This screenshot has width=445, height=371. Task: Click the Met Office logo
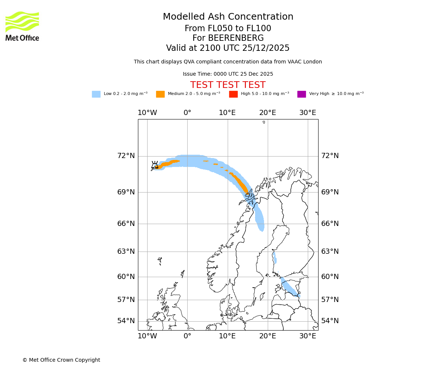22,26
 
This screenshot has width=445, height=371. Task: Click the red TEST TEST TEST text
228,85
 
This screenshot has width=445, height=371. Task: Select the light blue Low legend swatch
96,94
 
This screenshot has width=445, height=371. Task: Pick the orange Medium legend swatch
160,94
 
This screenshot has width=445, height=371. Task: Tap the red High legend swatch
233,94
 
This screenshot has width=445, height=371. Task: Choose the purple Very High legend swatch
301,94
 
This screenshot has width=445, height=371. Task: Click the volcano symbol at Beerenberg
155,165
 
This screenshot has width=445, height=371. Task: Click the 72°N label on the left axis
126,156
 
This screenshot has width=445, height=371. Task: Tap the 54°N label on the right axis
330,321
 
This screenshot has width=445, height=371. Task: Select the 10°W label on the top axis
147,113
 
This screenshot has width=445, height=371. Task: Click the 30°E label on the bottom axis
308,336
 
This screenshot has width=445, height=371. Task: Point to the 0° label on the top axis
187,113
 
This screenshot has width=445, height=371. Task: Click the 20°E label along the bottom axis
268,336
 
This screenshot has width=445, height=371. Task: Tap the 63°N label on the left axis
126,252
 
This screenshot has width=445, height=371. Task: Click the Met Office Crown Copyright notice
61,360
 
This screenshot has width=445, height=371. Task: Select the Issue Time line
228,74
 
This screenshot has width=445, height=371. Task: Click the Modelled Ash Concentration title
228,17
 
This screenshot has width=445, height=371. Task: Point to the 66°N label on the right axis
330,224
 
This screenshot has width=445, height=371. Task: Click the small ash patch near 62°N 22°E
275,258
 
